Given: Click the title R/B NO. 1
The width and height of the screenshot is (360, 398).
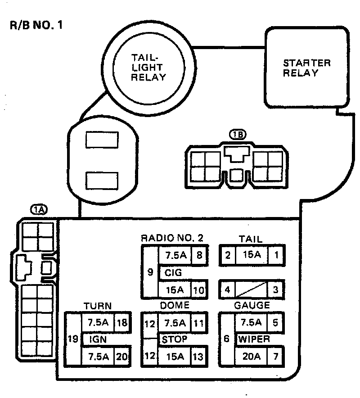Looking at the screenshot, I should click(36, 25).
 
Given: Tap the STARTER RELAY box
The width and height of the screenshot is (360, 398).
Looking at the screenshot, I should click(306, 68).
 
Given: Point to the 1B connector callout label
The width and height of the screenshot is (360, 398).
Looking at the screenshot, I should click(237, 135).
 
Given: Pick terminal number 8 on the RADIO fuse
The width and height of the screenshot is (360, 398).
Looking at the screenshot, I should click(198, 255).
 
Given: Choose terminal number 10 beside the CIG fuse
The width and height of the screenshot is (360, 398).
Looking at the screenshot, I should click(198, 289).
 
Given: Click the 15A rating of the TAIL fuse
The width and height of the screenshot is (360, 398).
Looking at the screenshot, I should click(251, 255).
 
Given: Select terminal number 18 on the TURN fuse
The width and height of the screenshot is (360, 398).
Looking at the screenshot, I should click(121, 322).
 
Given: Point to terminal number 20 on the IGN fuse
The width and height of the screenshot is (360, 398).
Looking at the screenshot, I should click(121, 357).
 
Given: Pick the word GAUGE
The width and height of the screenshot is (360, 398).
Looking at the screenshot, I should click(252, 306).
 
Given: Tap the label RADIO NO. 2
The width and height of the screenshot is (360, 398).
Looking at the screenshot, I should click(172, 238).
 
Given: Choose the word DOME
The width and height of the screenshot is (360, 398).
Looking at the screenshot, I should click(175, 306).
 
